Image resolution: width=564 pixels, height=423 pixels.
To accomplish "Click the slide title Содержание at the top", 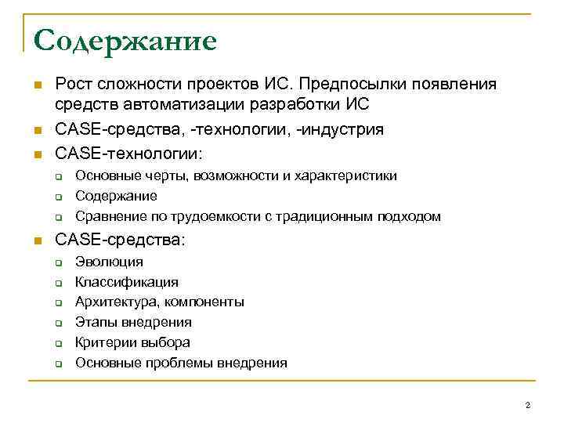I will coord(125,41).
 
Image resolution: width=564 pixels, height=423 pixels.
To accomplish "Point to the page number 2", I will coord(527,404).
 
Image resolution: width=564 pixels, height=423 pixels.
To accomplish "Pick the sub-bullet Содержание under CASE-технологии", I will coord(116,196).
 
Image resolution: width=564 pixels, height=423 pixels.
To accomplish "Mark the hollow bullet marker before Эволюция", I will coord(58,262).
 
